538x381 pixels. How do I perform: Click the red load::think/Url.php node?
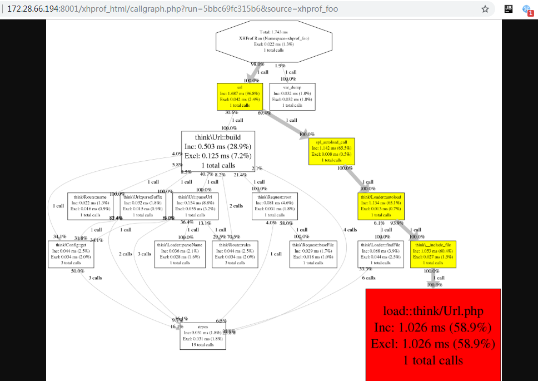click(433, 334)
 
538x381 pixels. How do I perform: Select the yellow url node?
click(240, 96)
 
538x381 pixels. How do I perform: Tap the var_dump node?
click(292, 96)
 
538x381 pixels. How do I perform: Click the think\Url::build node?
click(218, 151)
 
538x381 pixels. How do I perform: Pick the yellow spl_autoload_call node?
click(331, 151)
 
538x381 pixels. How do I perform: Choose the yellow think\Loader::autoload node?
click(381, 206)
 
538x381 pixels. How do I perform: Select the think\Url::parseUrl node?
click(195, 206)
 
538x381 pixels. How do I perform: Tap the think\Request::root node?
click(275, 206)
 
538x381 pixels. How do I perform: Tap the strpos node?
click(202, 336)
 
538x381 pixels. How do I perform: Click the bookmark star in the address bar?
click(485, 9)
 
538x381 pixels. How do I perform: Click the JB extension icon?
click(508, 9)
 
